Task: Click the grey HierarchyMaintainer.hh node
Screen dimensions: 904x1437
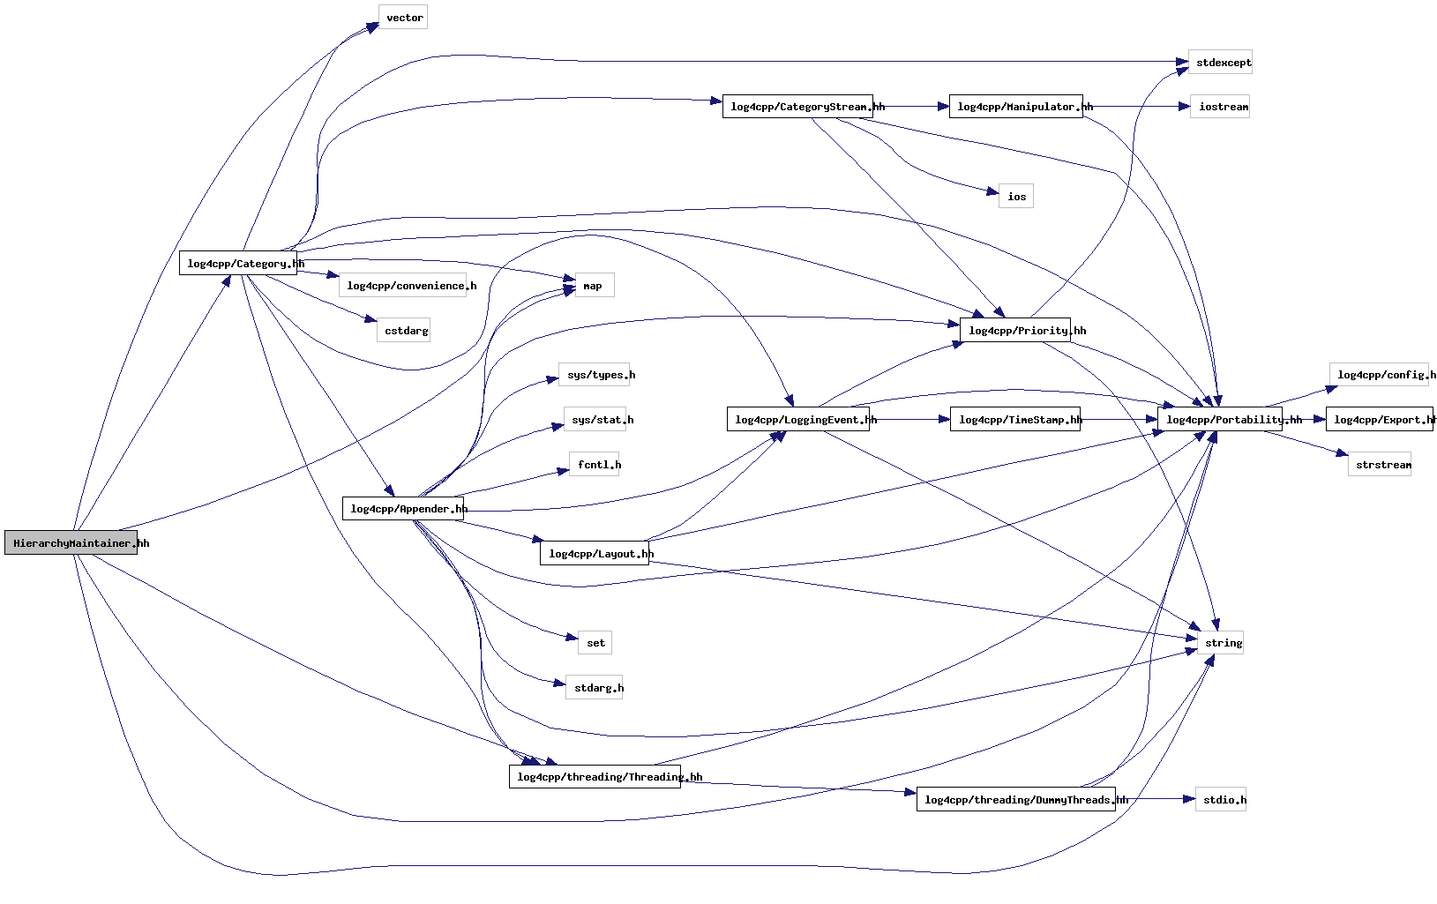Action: (x=71, y=543)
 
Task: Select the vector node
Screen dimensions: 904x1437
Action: (x=403, y=18)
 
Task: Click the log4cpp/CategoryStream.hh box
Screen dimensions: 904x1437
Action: (x=797, y=107)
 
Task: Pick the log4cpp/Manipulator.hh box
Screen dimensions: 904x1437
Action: (x=1015, y=107)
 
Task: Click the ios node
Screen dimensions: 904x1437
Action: (x=1016, y=197)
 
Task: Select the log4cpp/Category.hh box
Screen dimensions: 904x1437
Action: (x=238, y=264)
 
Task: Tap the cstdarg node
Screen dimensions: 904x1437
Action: (x=404, y=331)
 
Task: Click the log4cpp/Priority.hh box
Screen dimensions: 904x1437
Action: (x=1015, y=331)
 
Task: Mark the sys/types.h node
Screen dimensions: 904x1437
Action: (x=595, y=375)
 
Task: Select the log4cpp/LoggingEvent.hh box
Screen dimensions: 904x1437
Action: (x=798, y=420)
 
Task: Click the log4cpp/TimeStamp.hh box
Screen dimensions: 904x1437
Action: (x=1015, y=420)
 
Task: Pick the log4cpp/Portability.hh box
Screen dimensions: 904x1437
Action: (x=1220, y=420)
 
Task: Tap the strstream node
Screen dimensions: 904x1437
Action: (x=1380, y=465)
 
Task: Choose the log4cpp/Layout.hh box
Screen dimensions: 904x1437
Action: (x=595, y=554)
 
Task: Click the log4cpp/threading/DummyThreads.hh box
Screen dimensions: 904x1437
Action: (x=1016, y=800)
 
